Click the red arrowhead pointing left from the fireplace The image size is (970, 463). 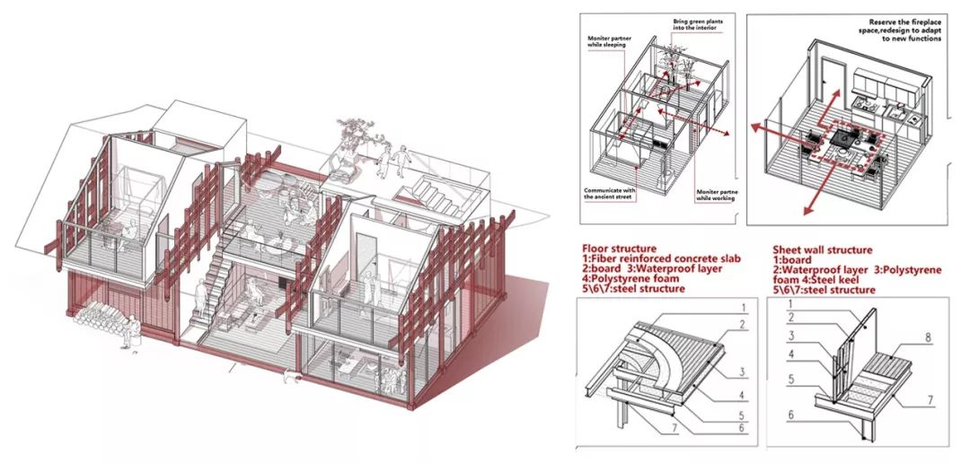click(x=756, y=132)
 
